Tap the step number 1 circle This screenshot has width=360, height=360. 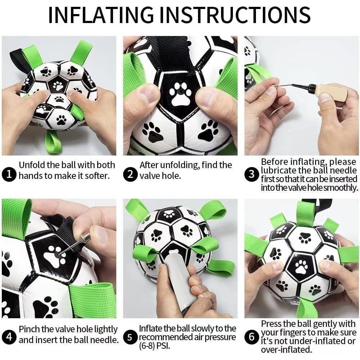coord(8,175)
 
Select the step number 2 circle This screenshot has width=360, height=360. coord(130,175)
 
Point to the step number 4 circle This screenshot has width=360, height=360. coord(8,338)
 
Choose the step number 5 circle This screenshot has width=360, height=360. coord(130,338)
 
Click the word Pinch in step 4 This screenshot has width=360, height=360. coord(29,329)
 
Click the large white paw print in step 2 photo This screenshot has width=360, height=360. coord(181,95)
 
